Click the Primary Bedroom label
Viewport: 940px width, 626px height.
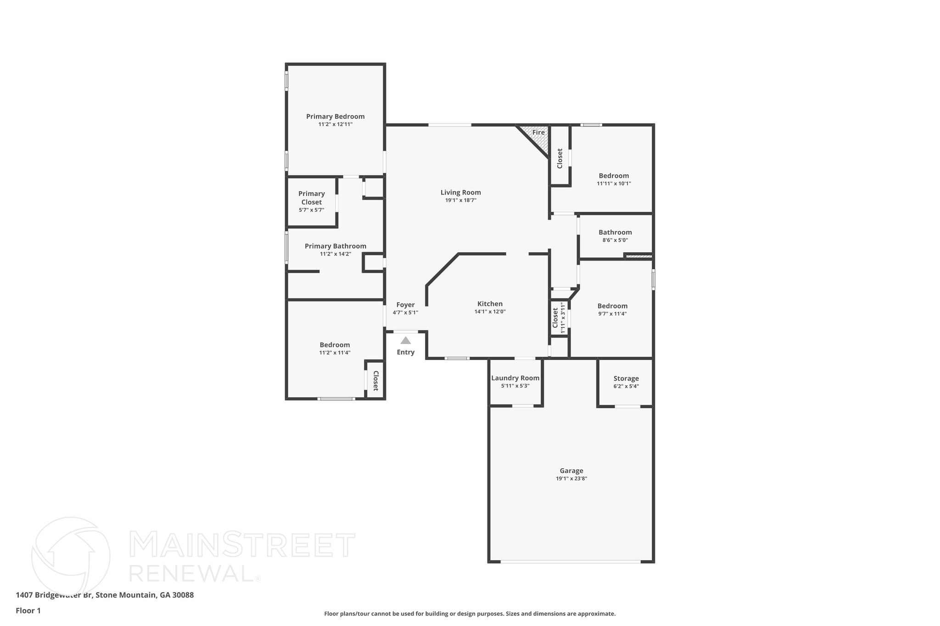pos(335,116)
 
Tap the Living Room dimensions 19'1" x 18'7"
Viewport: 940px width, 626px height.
pos(460,200)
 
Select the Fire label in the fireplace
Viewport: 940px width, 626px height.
pos(538,133)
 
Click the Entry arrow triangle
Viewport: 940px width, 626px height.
pos(405,340)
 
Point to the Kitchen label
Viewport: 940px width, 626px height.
pos(490,304)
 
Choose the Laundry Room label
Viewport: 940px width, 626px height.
pos(515,378)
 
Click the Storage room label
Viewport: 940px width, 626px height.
pos(626,378)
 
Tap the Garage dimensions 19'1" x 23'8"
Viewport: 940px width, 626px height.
pos(571,478)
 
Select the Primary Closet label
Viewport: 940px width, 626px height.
pos(311,198)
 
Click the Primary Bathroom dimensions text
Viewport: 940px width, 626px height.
pos(335,254)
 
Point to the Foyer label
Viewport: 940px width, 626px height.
pos(405,305)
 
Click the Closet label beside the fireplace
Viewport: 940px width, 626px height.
pos(560,158)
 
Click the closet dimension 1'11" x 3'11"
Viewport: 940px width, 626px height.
pos(563,317)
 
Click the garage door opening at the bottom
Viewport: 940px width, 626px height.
pos(570,561)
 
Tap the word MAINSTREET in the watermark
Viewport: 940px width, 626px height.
pos(242,545)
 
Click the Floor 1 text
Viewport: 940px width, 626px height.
pos(28,610)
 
